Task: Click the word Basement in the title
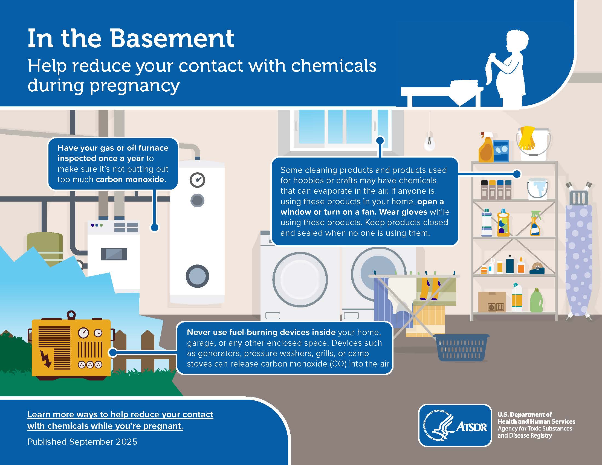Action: coord(172,39)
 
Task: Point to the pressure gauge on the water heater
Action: coord(197,180)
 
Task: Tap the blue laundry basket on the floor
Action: coord(461,348)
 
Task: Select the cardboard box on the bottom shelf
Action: coord(492,302)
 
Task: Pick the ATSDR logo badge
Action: coord(455,425)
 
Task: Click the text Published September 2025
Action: coord(82,442)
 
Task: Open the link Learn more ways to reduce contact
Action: coord(120,420)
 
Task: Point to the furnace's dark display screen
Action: coord(114,254)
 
